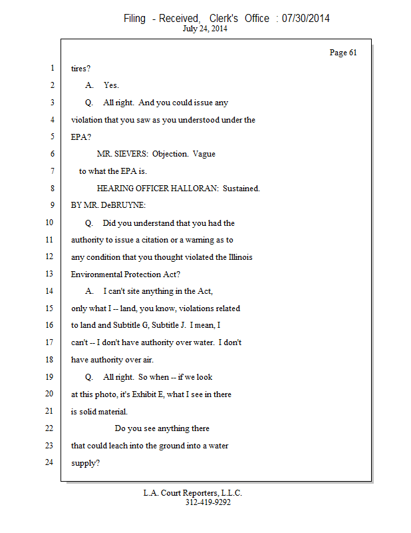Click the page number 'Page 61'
(x=343, y=53)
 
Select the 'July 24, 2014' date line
(x=205, y=29)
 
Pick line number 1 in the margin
(x=51, y=68)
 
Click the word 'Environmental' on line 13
(x=96, y=274)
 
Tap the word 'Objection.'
(x=171, y=154)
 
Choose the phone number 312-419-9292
(x=208, y=502)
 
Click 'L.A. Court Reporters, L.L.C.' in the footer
(x=193, y=493)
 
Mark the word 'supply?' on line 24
(x=86, y=462)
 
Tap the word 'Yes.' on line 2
(x=111, y=86)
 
